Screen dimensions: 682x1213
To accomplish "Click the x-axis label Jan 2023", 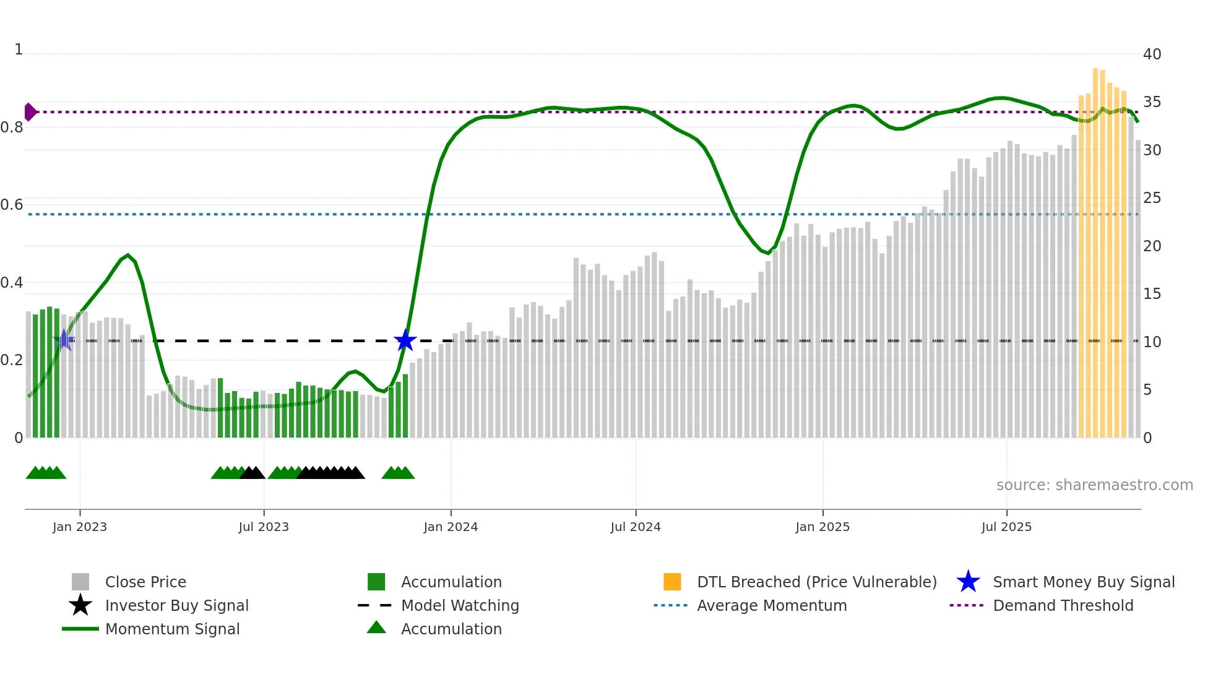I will [x=80, y=527].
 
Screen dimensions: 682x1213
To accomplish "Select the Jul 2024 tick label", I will [x=636, y=527].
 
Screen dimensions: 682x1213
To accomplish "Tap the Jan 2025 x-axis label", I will [x=822, y=527].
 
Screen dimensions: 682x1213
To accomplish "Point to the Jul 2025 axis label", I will [x=1006, y=527].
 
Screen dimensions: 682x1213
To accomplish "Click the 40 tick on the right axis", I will [x=1152, y=54].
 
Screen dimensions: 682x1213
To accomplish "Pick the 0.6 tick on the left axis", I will [x=12, y=205].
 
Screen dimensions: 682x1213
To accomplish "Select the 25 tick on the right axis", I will [x=1152, y=198].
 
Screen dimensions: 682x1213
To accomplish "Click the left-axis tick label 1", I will [x=19, y=50].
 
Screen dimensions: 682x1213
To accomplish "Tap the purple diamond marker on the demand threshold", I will [x=30, y=112].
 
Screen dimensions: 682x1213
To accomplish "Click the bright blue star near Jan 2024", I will [x=405, y=340].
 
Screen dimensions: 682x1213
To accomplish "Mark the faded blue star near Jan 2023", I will [x=64, y=340].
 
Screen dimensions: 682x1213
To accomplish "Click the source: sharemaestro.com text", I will [x=1094, y=485].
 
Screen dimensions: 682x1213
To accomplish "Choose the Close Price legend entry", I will [x=145, y=582].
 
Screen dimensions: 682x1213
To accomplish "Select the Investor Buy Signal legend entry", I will [x=176, y=605].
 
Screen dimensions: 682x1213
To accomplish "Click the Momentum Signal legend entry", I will [x=172, y=629].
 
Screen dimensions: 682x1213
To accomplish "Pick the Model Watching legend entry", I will [x=460, y=605].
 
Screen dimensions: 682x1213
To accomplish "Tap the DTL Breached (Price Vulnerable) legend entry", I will [x=816, y=582].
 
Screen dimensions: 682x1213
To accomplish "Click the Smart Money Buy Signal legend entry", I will [x=1084, y=582].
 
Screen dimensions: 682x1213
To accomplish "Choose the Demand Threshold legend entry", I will [x=1063, y=605].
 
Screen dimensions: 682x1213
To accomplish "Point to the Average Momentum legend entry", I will [x=772, y=605].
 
